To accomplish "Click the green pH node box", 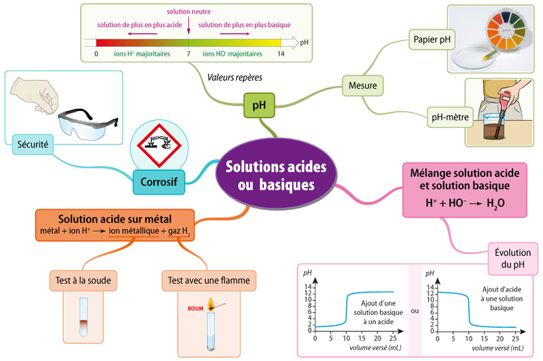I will [259, 105].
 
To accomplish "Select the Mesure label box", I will [362, 86].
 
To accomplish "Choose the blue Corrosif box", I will [158, 182].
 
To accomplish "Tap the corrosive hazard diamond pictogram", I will [156, 145].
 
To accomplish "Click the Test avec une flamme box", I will [208, 280].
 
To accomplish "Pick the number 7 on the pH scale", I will [188, 53].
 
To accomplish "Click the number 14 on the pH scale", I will [280, 53].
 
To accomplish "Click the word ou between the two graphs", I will [415, 312].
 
